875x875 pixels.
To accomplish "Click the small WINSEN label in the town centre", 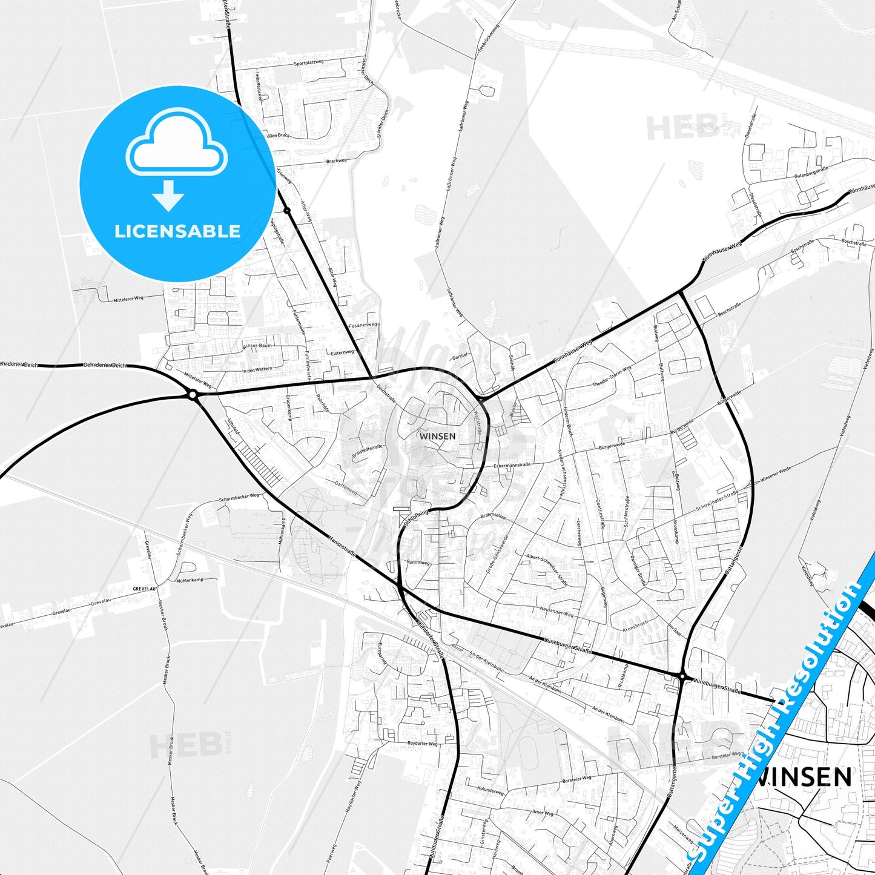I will tap(437, 435).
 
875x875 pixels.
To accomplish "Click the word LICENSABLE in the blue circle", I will tap(177, 231).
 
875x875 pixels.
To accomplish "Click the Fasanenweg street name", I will tap(363, 325).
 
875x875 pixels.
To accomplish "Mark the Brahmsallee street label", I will tap(493, 516).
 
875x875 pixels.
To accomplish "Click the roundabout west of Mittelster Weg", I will tap(193, 395).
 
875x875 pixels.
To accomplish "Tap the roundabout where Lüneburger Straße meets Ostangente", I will tap(682, 676).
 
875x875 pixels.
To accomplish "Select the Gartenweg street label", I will tap(346, 489).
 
